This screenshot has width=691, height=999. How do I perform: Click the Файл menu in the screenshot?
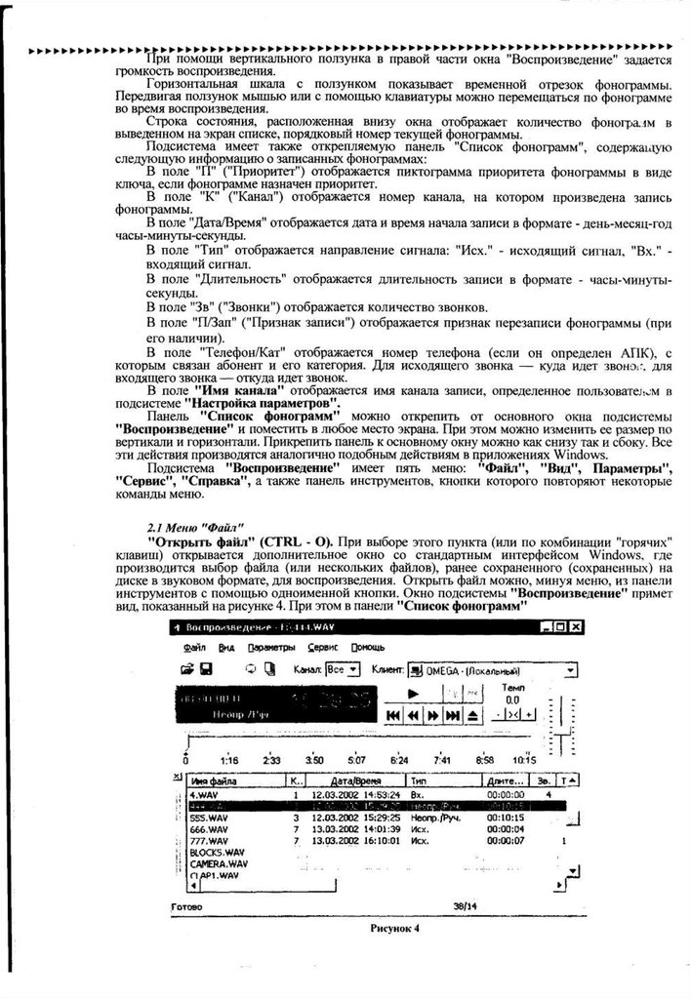click(x=192, y=647)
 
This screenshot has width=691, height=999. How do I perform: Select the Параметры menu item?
click(x=270, y=647)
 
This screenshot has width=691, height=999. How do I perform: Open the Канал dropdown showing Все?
click(x=341, y=670)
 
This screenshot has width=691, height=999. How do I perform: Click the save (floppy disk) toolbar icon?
click(x=207, y=670)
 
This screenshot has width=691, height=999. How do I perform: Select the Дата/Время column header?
click(x=354, y=781)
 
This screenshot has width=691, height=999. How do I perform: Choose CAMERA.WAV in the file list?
click(x=219, y=863)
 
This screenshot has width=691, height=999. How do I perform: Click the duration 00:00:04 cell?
click(x=506, y=829)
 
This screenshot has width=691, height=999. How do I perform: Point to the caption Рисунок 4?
click(x=394, y=929)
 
